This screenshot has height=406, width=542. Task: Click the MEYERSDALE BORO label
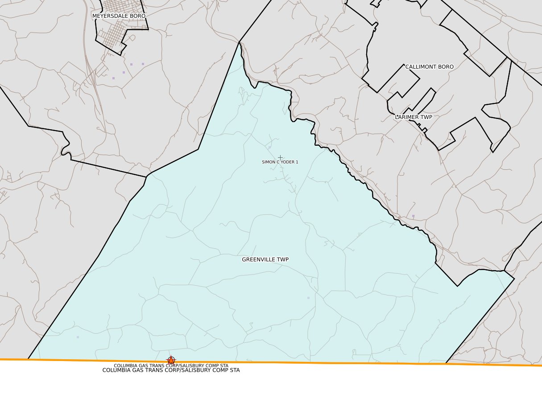[x=119, y=16]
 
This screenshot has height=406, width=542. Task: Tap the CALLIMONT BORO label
[x=429, y=67]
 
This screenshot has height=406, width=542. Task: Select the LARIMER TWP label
[x=414, y=117]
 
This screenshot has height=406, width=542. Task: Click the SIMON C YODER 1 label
[x=280, y=162]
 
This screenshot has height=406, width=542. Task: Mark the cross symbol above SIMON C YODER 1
[x=280, y=157]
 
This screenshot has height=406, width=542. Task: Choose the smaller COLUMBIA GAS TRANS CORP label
[x=171, y=365]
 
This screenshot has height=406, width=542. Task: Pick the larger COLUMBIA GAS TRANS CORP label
[x=171, y=370]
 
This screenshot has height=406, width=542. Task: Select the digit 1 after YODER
[x=297, y=162]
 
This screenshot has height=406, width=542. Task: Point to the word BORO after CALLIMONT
[x=445, y=67]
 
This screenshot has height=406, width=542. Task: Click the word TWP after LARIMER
[x=426, y=117]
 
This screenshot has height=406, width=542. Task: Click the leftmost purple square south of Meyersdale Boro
[x=113, y=78]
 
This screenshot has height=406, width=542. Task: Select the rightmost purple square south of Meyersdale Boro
[x=143, y=64]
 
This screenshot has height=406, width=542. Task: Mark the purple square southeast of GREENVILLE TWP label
[x=308, y=298]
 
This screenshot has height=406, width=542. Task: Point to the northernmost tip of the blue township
[x=239, y=42]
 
